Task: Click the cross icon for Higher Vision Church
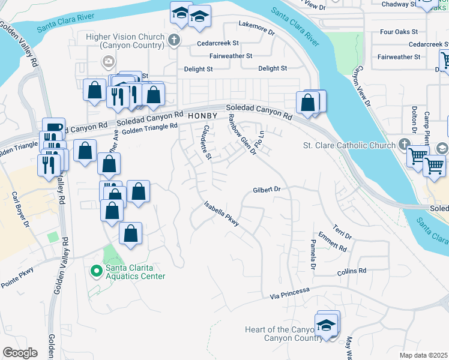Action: (x=175, y=41)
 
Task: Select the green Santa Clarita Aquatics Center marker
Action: (x=95, y=271)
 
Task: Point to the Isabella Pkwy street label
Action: (x=221, y=213)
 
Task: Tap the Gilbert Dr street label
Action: (x=267, y=189)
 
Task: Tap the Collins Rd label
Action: (x=352, y=271)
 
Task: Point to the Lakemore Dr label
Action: (x=256, y=25)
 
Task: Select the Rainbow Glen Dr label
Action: (x=241, y=134)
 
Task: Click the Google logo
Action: (x=20, y=352)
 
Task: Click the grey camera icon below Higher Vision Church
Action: (x=108, y=61)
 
